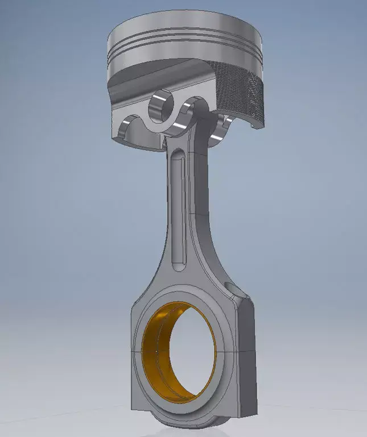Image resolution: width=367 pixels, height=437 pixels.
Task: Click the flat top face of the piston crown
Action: (x=185, y=26)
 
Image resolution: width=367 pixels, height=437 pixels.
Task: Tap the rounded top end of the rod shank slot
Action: (x=178, y=155)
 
